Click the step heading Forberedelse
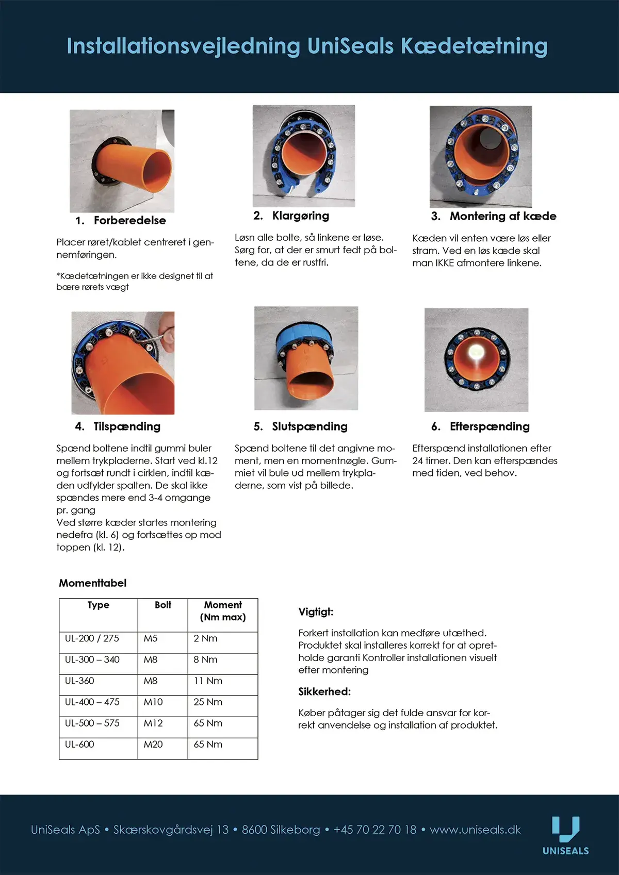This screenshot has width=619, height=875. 129,221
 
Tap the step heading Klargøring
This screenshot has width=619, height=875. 300,216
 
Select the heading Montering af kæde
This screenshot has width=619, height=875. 502,217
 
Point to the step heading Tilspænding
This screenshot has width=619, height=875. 126,427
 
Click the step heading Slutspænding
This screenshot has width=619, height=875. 309,427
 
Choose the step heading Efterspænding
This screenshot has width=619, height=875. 489,427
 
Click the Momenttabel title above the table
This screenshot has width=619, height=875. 92,583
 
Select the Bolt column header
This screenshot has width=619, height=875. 163,605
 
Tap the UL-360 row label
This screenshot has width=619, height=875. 79,681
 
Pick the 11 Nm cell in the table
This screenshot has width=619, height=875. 208,681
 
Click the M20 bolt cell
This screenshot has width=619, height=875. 153,745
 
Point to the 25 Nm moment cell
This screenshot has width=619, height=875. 208,702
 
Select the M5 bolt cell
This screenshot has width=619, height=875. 151,639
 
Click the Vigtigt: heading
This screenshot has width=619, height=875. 316,612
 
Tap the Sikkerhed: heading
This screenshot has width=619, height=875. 324,692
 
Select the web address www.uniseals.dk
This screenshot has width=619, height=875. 475,830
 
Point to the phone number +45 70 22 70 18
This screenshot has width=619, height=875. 375,830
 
